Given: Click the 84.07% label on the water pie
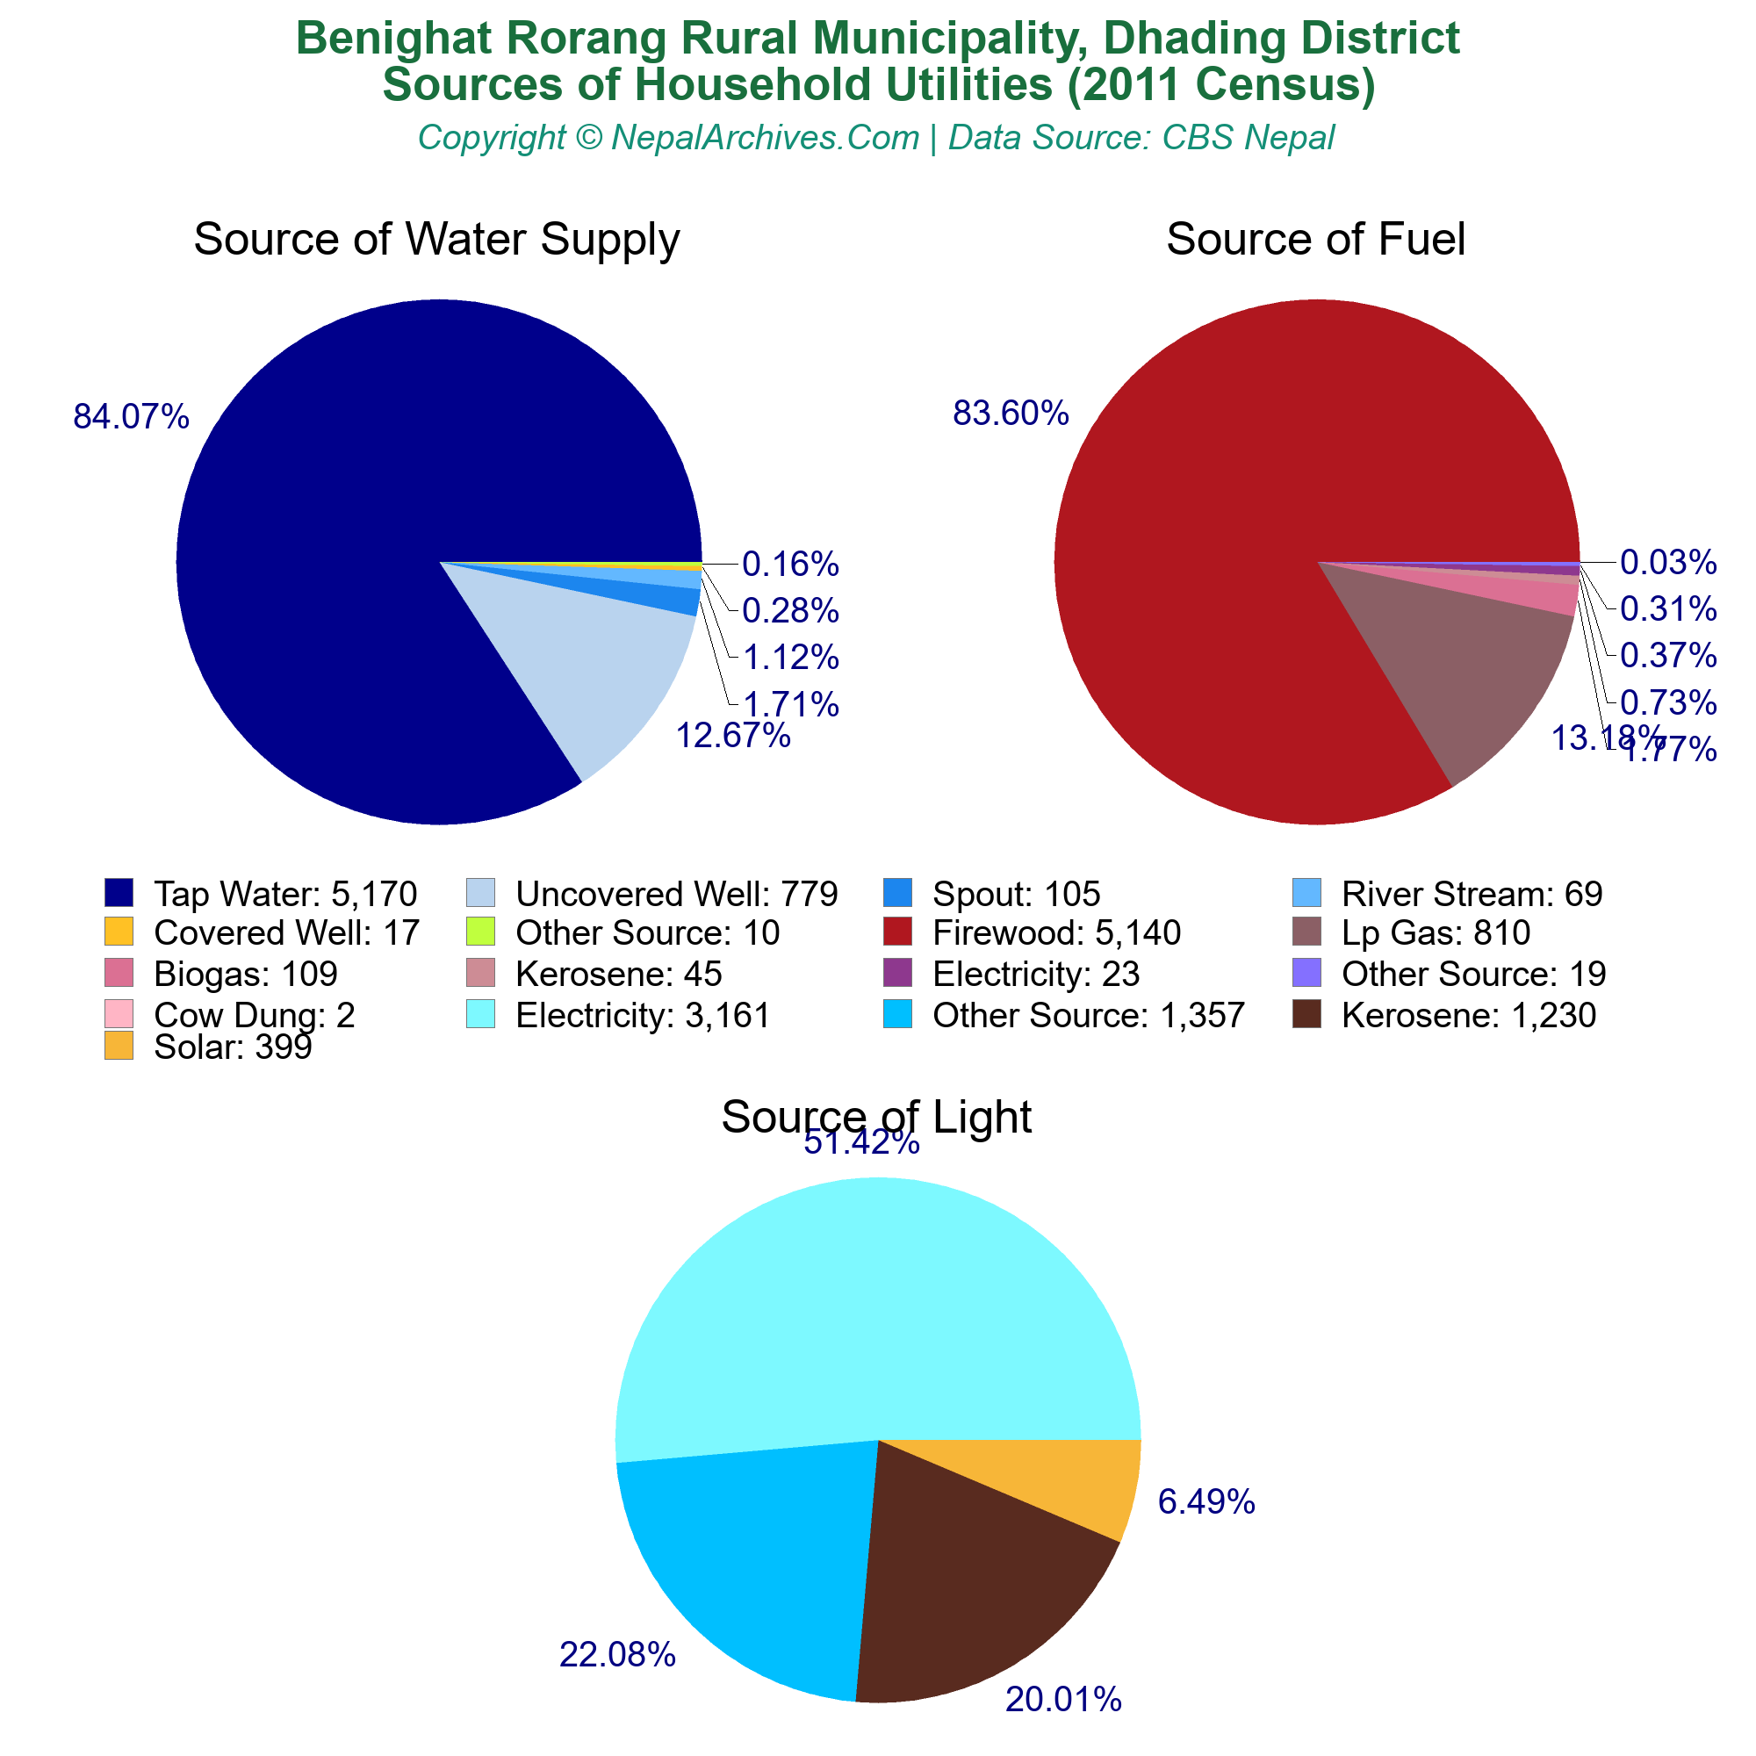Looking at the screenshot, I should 131,417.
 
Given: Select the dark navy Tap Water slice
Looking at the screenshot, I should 363,509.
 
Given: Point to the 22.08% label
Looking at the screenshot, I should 617,1655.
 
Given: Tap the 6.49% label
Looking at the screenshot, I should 1206,1502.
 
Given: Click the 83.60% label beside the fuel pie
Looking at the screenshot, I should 1011,414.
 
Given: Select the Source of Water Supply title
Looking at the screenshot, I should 436,240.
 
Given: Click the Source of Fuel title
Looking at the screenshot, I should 1315,240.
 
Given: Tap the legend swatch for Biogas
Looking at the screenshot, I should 119,974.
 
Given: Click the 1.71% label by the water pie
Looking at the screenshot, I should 790,703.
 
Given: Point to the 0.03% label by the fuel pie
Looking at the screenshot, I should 1668,563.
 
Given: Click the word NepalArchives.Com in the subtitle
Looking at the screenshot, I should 765,138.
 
